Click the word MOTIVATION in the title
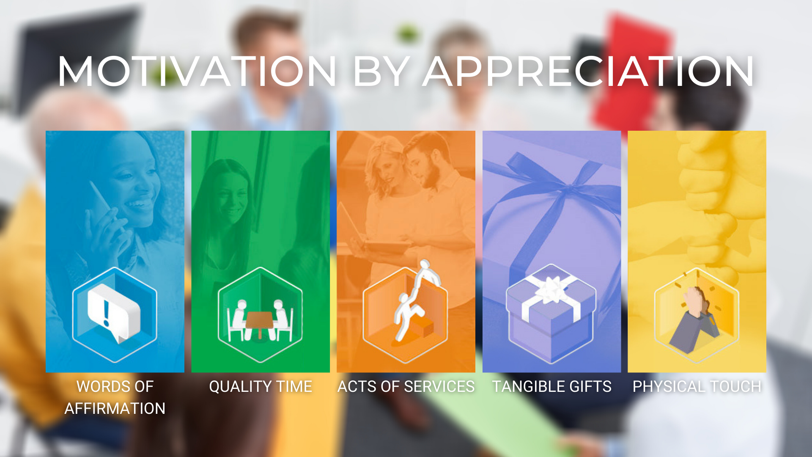coord(197,71)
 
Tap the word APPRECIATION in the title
coord(588,71)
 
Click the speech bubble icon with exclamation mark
coord(113,312)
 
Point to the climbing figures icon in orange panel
coord(417,300)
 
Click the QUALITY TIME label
coord(261,386)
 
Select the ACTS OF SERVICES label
coord(406,386)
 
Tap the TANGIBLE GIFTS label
coord(552,386)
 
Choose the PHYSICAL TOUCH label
coord(697,386)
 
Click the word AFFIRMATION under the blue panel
coord(115,408)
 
